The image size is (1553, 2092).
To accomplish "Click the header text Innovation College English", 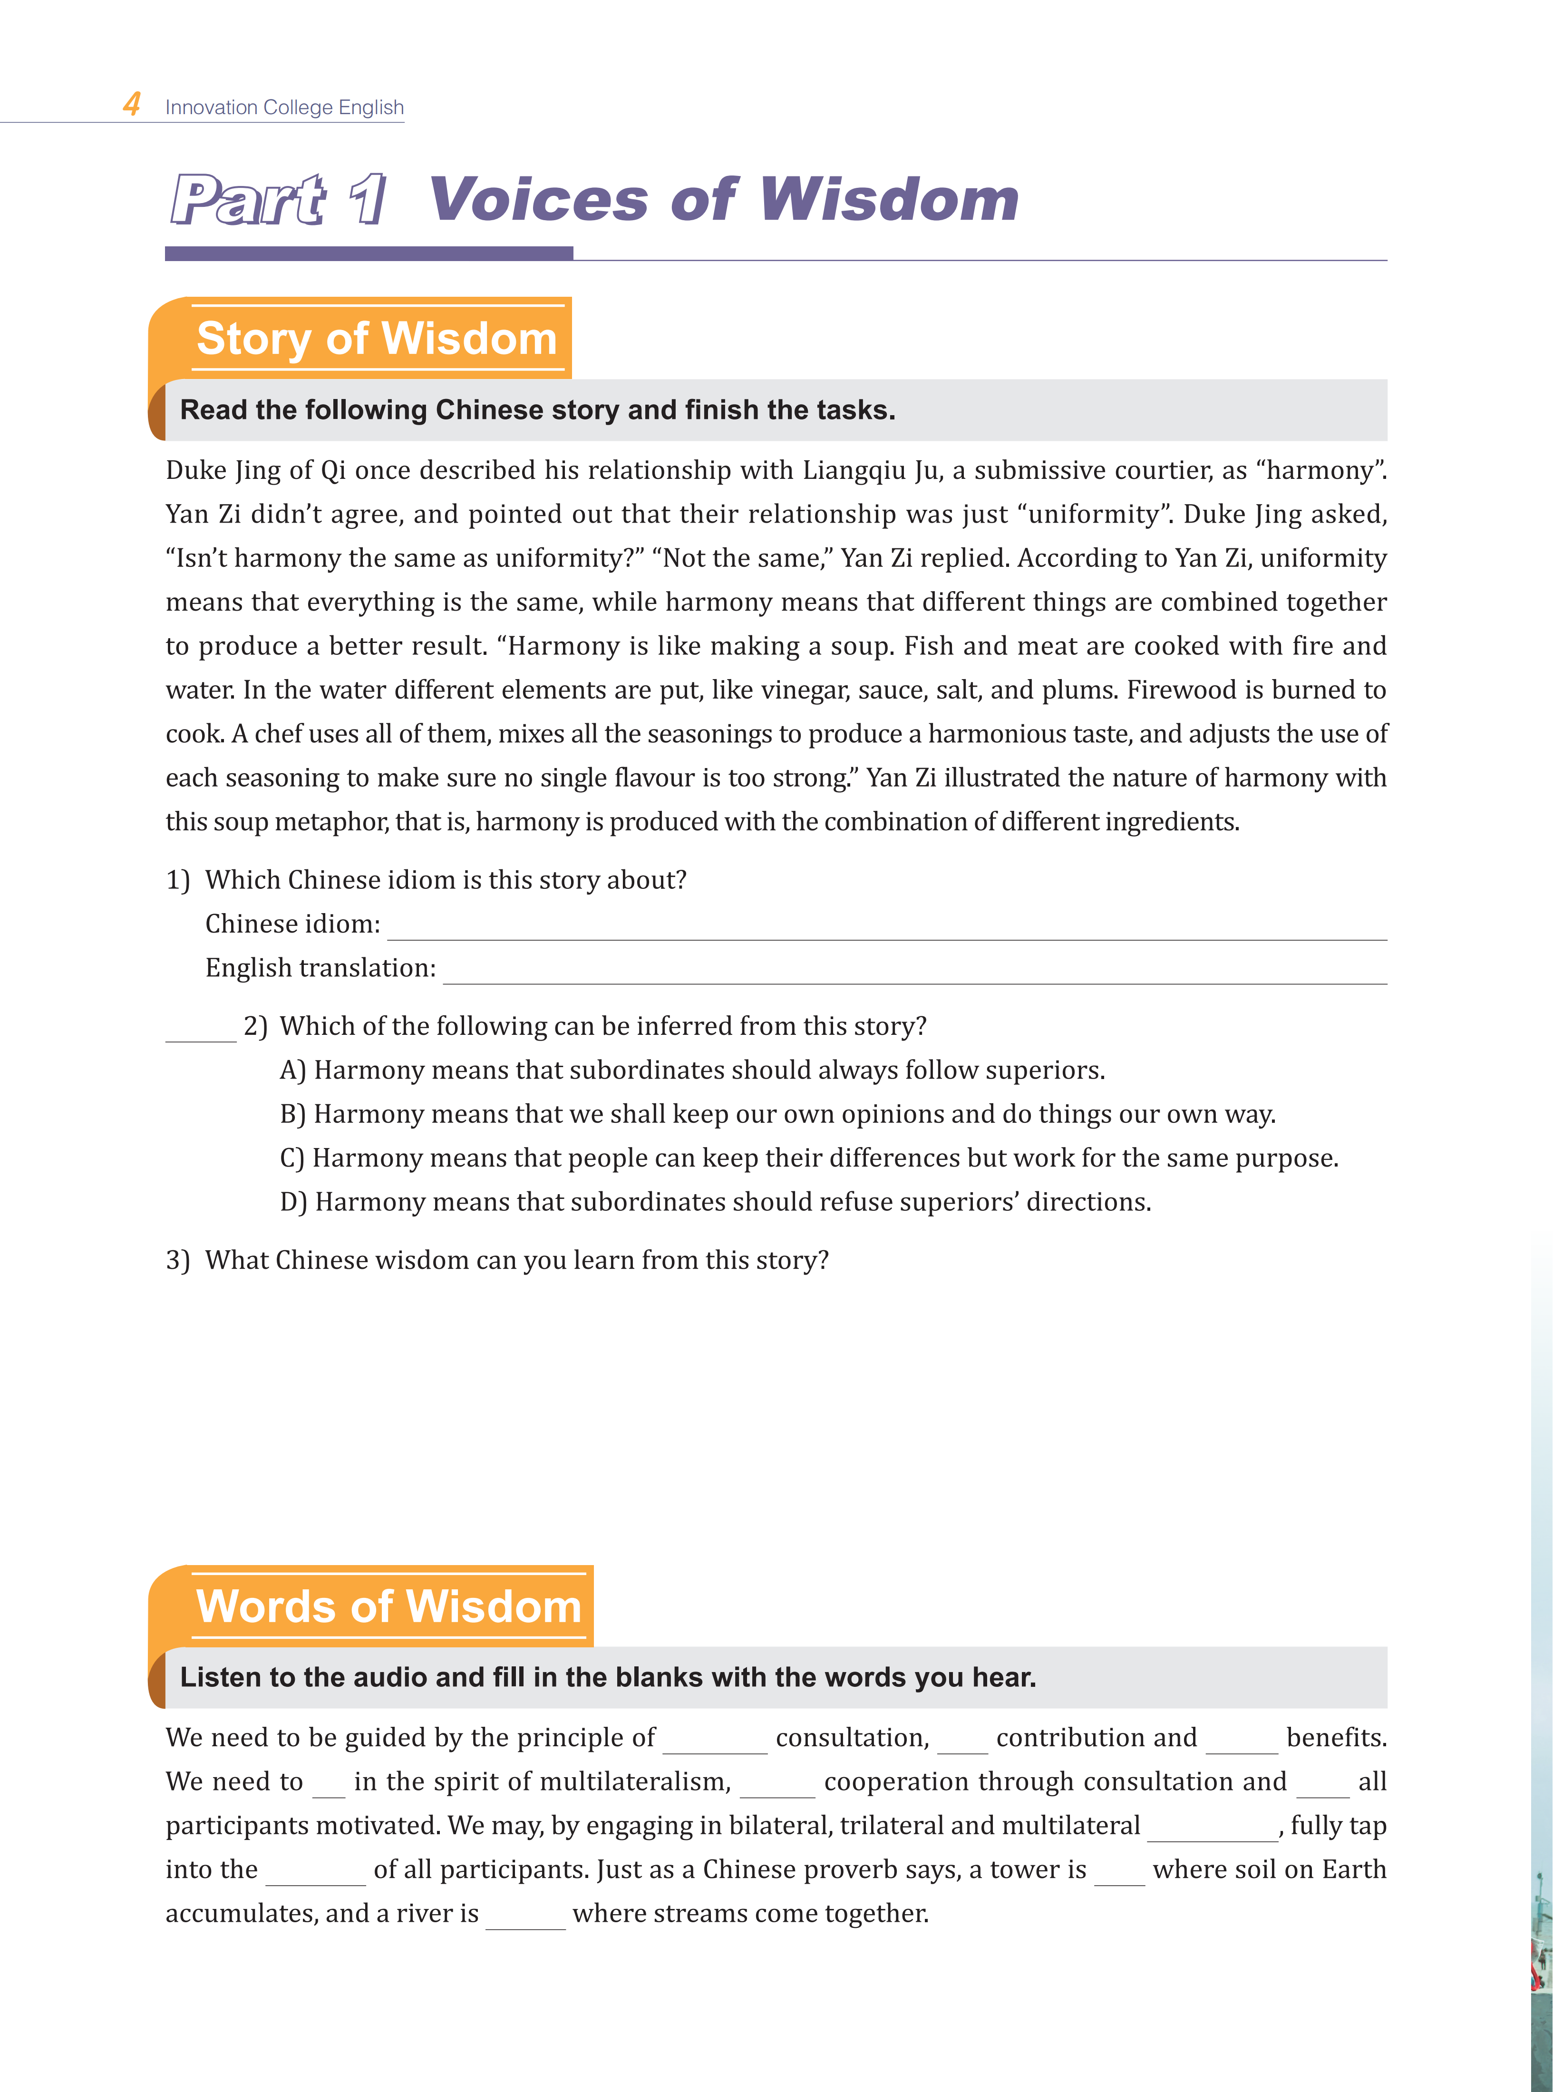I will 284,107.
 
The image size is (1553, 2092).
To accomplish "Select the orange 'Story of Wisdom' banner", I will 376,339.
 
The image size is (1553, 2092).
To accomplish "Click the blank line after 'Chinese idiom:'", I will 886,929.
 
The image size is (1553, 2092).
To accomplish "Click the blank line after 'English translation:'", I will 914,973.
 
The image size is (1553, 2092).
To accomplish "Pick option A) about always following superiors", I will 692,1070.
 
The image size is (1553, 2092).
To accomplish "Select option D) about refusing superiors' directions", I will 715,1202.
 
